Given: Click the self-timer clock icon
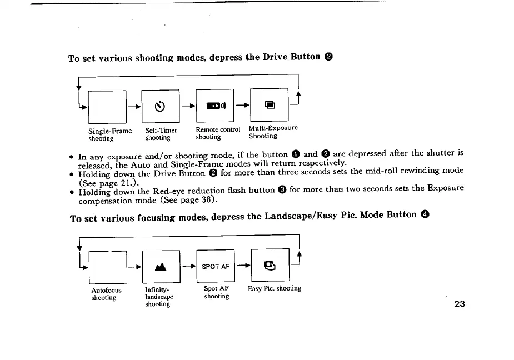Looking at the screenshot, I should pyautogui.click(x=161, y=106).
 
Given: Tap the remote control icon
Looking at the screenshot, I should pyautogui.click(x=214, y=106).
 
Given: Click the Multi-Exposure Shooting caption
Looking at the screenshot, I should pyautogui.click(x=273, y=132).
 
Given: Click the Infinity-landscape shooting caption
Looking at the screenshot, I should pyautogui.click(x=159, y=296).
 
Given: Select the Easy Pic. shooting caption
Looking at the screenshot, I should pyautogui.click(x=275, y=288).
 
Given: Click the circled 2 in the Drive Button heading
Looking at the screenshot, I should pyautogui.click(x=329, y=57).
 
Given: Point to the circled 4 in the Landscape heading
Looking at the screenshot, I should pyautogui.click(x=424, y=214).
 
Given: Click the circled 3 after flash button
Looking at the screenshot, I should pyautogui.click(x=282, y=189).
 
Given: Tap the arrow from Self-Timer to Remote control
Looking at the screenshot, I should pyautogui.click(x=188, y=106).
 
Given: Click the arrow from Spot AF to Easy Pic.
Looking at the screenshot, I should pyautogui.click(x=243, y=266).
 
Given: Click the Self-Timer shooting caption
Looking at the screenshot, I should pyautogui.click(x=161, y=134).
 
